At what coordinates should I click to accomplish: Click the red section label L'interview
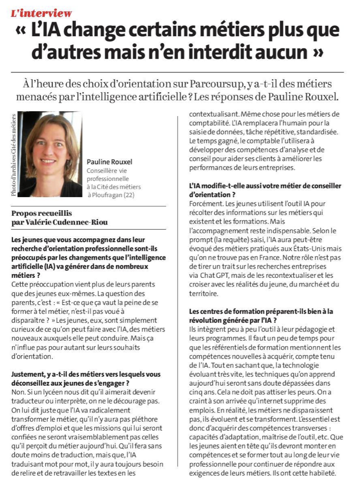click(x=42, y=13)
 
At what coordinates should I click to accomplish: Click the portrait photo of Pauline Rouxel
click(x=49, y=154)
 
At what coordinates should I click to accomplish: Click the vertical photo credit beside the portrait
click(x=13, y=154)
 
